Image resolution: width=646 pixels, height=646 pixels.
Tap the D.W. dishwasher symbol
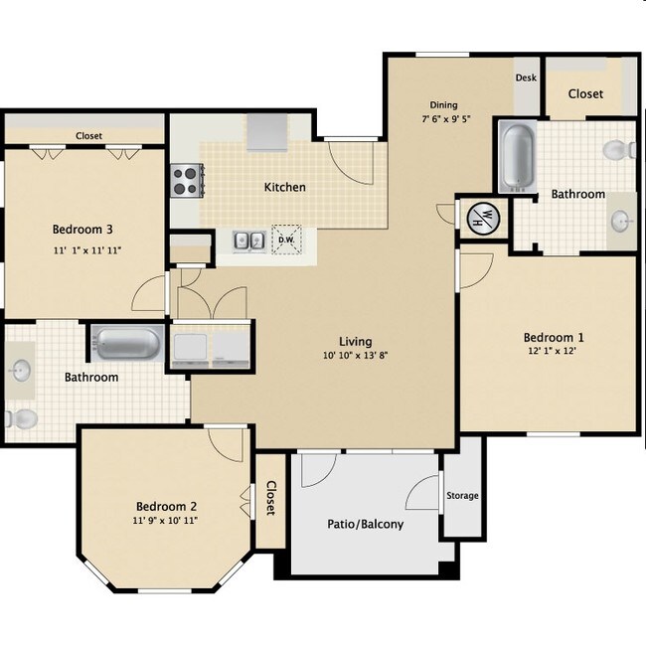(285, 240)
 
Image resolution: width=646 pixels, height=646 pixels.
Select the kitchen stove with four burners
(186, 180)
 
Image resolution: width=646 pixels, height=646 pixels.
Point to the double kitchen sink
(248, 240)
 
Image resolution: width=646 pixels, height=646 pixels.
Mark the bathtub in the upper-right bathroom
(517, 155)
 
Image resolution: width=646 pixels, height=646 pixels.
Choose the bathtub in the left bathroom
(128, 344)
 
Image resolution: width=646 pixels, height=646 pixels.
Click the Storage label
(462, 495)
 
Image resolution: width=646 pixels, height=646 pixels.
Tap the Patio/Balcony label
(365, 524)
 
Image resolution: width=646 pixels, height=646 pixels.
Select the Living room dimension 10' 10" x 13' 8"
(356, 357)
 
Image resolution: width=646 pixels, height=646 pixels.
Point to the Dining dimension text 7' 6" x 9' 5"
(453, 119)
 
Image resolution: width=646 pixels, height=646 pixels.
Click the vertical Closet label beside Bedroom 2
(270, 498)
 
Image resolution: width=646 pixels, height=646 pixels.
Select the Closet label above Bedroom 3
(88, 136)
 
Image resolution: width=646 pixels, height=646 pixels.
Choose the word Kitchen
(284, 187)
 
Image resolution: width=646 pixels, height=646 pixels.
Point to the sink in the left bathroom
(21, 372)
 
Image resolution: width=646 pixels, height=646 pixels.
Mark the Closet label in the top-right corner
(585, 93)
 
